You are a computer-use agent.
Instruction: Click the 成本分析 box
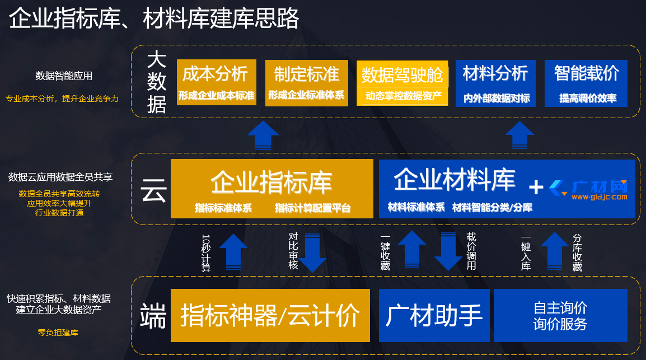point(216,83)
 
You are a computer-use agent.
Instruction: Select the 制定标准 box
point(306,83)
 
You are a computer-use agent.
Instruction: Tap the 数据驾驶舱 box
point(402,83)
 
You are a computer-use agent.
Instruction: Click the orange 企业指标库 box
point(271,189)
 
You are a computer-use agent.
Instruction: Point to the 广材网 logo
point(588,190)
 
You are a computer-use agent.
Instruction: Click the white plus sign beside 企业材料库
point(536,187)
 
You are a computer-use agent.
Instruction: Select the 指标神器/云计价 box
point(270,315)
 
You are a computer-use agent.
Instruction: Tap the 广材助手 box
point(434,315)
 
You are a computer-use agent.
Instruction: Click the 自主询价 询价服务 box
point(560,315)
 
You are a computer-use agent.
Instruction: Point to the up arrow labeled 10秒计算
point(233,252)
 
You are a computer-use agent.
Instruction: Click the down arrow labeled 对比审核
point(312,252)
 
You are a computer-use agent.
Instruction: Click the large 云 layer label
point(154,189)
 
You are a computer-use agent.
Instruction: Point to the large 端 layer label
point(153,315)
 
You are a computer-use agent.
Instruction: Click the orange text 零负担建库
point(58,333)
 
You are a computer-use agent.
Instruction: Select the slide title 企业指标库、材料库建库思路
point(154,19)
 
